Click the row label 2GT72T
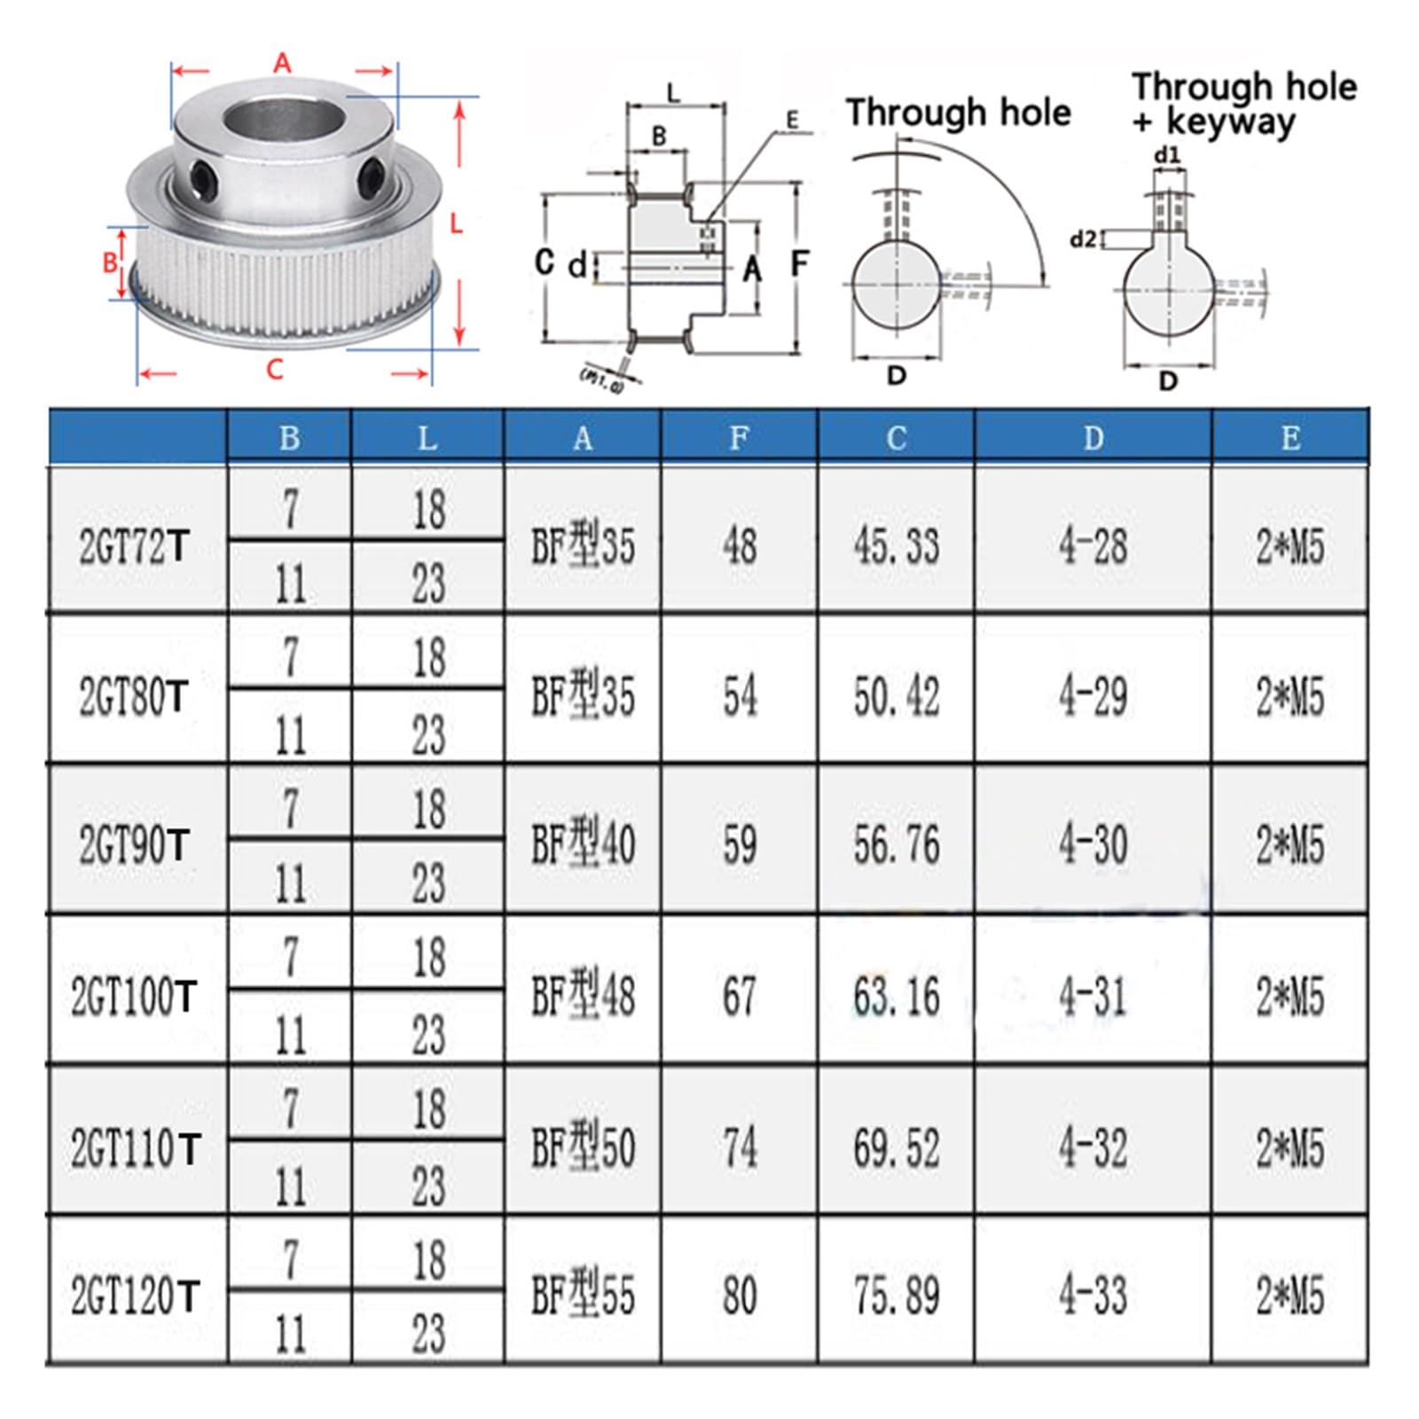coord(134,546)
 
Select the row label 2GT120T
coord(135,1296)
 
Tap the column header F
coord(739,437)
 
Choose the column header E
coord(1290,437)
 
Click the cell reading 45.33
coord(896,545)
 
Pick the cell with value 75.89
coord(896,1296)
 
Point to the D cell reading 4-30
coord(1093,844)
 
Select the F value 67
coord(739,995)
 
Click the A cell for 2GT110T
coord(583,1146)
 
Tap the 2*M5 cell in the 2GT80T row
coord(1290,696)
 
